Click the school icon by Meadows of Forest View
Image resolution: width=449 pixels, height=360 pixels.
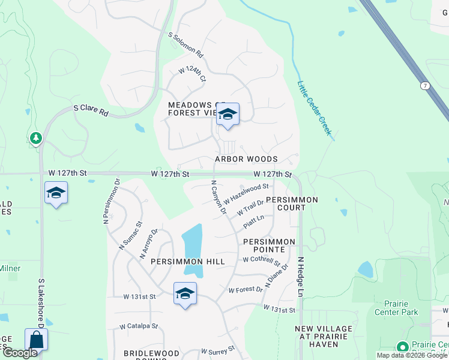coord(228,114)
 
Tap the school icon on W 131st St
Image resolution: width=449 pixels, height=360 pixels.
coord(185,294)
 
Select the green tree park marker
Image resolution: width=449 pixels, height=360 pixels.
coord(36,139)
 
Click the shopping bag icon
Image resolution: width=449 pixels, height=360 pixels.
coord(36,340)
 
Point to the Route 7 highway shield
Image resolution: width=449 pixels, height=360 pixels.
coord(424,86)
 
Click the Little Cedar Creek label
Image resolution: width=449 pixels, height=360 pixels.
coord(315,108)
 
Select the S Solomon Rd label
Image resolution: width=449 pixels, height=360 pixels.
coord(186,44)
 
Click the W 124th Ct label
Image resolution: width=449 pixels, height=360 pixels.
coord(192,74)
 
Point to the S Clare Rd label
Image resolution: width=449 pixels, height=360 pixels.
coord(91,111)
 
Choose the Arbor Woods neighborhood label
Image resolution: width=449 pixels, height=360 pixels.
coord(246,159)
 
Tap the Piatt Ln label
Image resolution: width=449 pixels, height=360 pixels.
coord(253,222)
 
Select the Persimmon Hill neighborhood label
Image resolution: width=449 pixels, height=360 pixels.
coord(179,262)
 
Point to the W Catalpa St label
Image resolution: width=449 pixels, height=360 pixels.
coord(139,326)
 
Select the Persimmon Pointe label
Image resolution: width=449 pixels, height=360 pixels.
coord(269,245)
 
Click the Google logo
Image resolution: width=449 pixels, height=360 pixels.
coord(20,353)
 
